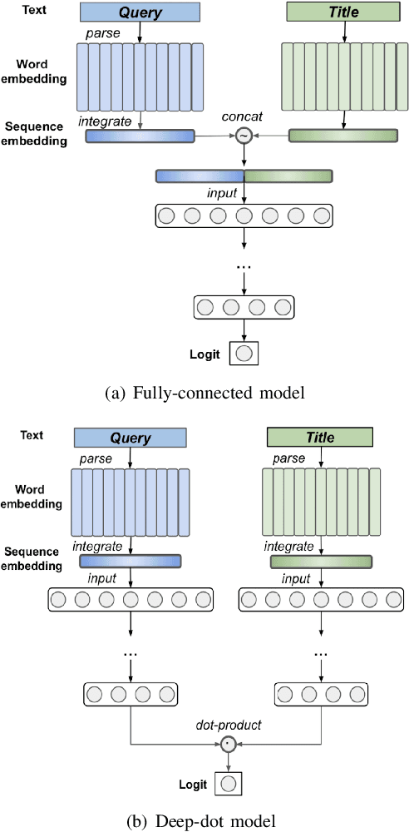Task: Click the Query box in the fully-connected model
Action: tap(140, 12)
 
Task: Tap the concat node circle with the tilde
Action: tap(244, 136)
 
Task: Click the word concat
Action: tap(244, 117)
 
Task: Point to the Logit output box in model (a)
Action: tap(244, 354)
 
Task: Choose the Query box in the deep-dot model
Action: tap(126, 438)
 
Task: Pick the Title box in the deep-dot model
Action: tap(320, 438)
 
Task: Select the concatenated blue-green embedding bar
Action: tap(244, 176)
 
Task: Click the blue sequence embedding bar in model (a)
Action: tap(140, 136)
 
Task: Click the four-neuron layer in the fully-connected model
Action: tap(244, 308)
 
